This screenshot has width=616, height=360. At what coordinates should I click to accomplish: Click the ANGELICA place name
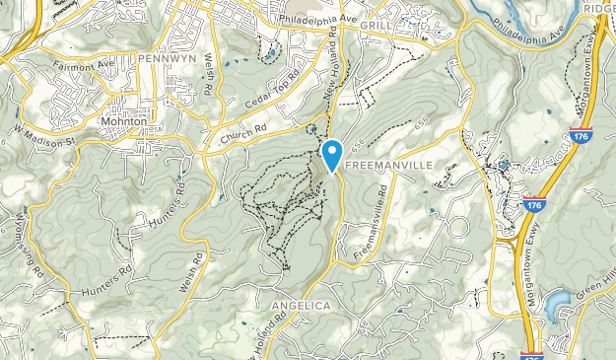[301, 306]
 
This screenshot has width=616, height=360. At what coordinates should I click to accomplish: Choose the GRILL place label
[376, 24]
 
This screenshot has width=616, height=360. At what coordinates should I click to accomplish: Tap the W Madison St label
[45, 137]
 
